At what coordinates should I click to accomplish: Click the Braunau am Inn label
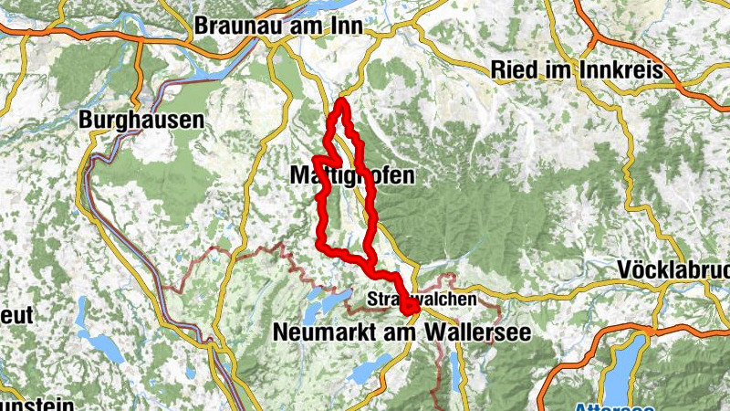pos(280,26)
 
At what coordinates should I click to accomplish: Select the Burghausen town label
pos(141,119)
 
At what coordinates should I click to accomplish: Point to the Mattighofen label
pos(351,174)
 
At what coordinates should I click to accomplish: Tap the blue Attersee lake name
pos(607,406)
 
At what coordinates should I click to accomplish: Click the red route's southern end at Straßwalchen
pos(410,313)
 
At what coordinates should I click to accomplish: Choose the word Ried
pos(512,69)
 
